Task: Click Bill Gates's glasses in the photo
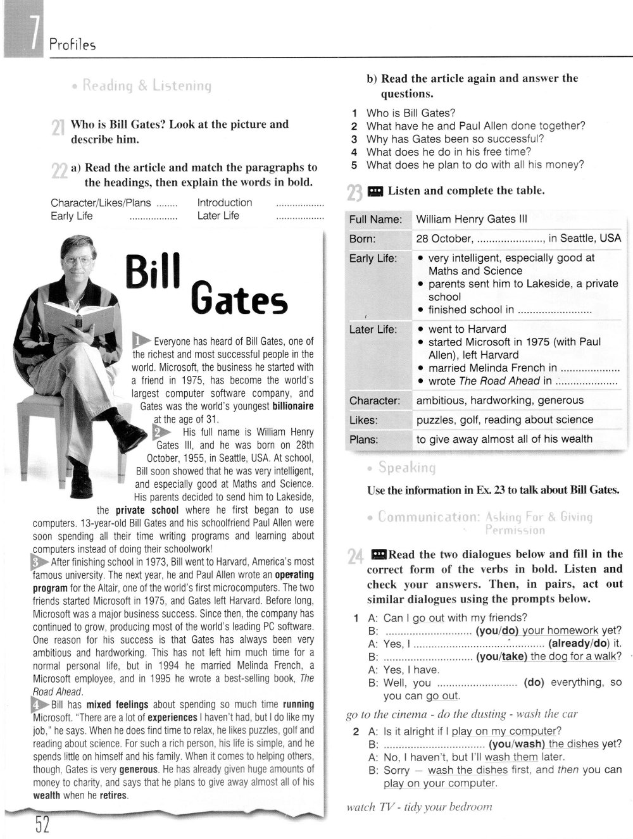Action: [x=74, y=259]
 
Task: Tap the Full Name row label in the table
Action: [x=375, y=220]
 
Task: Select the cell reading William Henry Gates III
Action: [x=472, y=220]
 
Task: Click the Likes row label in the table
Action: [x=363, y=420]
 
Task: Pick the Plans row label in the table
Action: [x=364, y=439]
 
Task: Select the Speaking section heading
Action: [x=407, y=468]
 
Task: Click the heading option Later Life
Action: [x=218, y=216]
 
